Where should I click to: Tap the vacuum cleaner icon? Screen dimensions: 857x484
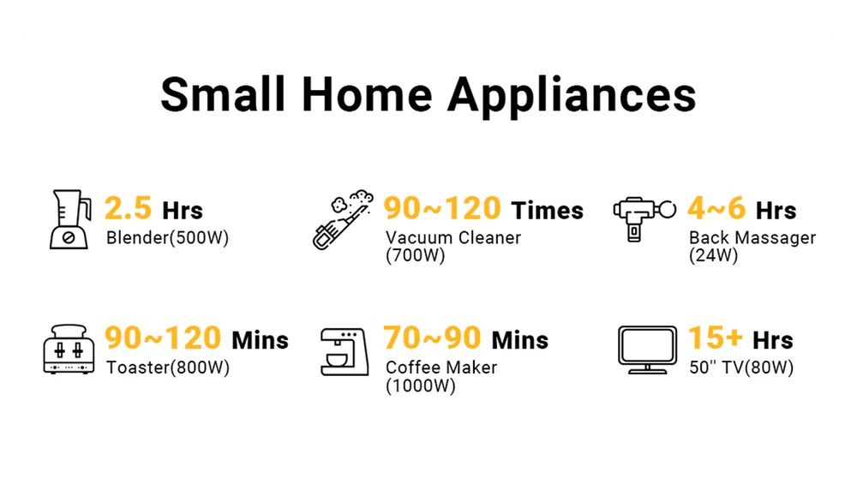pos(344,219)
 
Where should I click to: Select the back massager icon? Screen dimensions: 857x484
pos(644,218)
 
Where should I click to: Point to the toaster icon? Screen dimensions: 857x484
pos(69,350)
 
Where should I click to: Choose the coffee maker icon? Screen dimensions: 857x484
pos(345,351)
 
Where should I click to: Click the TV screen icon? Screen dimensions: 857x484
pos(648,350)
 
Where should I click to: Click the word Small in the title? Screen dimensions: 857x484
pos(223,94)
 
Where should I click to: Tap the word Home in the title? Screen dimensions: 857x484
pos(367,94)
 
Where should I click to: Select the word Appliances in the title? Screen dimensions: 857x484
pos(572,98)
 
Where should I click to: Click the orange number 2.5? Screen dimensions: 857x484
pos(128,208)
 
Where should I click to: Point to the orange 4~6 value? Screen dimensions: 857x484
pos(716,208)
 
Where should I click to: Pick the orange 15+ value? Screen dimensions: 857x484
pos(715,338)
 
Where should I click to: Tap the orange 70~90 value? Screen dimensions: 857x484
pos(432,338)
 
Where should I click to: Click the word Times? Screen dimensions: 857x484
pos(547,211)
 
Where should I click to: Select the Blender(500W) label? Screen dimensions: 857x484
pos(167,238)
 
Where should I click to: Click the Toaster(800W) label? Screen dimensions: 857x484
pos(168,367)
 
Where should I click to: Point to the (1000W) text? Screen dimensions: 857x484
pos(420,386)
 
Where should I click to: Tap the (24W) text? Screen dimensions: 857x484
pos(713,255)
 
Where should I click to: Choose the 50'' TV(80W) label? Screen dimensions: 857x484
pos(741,367)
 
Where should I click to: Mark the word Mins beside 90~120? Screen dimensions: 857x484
pos(261,340)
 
